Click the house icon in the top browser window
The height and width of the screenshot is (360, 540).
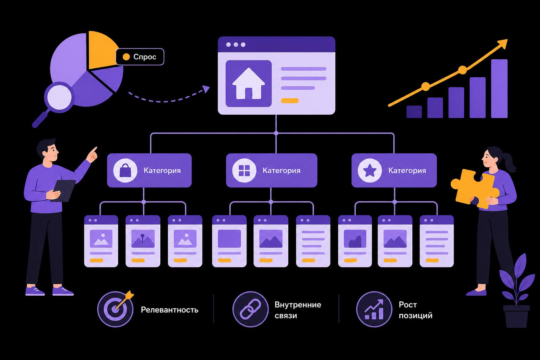click(249, 84)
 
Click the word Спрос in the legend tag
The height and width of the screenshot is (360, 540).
click(144, 57)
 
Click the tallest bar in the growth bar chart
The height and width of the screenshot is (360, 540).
click(499, 89)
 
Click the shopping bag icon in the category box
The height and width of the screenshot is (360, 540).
click(126, 170)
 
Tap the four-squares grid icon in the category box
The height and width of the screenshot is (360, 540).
click(244, 171)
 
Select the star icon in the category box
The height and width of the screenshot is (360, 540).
click(370, 170)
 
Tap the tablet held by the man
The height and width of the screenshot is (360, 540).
click(63, 191)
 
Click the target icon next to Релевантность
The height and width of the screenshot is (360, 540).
click(116, 309)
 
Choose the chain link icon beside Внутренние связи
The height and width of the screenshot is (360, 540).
click(250, 309)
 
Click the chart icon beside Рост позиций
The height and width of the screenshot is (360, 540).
click(374, 309)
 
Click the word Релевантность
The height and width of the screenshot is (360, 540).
click(169, 310)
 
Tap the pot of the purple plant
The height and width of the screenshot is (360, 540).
click(516, 316)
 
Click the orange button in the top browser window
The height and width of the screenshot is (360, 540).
click(290, 101)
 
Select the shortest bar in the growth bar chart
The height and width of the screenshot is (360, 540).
click(414, 112)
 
